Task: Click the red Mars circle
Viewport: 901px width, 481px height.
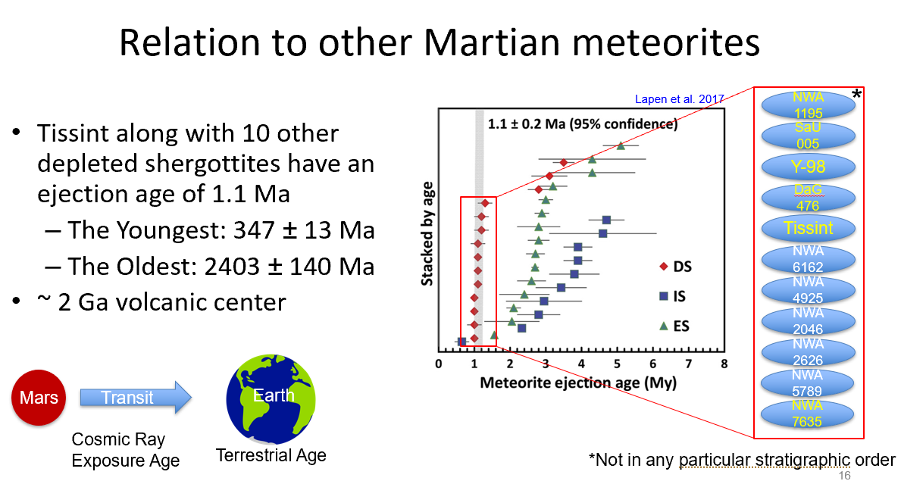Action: [39, 397]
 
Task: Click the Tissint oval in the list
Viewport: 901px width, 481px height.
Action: [808, 228]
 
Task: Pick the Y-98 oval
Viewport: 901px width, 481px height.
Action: [808, 166]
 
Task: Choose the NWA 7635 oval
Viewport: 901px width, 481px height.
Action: [808, 414]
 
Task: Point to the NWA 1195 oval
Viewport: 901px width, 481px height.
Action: [808, 105]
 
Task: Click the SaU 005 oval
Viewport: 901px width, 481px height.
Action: [808, 136]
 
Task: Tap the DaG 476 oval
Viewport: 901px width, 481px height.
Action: [808, 197]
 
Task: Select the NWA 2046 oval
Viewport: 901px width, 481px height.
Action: [808, 321]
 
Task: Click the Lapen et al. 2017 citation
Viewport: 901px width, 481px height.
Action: [679, 98]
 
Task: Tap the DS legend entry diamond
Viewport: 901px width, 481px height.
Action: [663, 267]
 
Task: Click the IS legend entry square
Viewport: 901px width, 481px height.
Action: [663, 296]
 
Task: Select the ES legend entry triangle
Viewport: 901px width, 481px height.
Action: [663, 326]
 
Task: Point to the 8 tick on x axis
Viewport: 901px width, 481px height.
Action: [724, 364]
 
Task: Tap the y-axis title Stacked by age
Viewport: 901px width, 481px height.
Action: [427, 234]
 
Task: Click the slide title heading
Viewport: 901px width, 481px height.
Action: [440, 43]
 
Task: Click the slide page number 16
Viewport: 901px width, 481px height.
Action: [845, 476]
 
